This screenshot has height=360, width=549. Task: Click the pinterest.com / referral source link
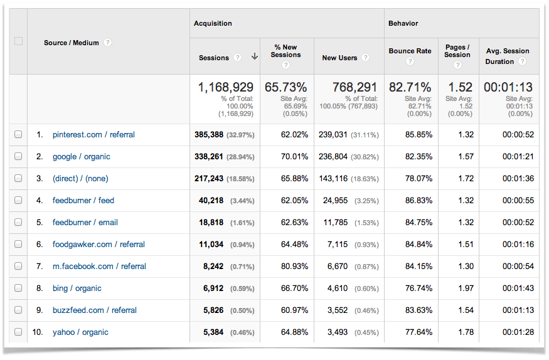(x=93, y=135)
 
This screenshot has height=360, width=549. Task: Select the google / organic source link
(x=81, y=157)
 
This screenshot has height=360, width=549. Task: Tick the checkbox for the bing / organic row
(x=18, y=289)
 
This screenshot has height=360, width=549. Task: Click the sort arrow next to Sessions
(x=254, y=57)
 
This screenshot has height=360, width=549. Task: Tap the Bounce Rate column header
(x=410, y=51)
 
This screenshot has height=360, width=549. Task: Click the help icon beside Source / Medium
(x=108, y=43)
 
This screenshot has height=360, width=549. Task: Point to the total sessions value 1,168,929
(x=225, y=87)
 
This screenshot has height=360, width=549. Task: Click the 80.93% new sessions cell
(x=291, y=267)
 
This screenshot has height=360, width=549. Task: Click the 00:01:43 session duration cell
(x=518, y=289)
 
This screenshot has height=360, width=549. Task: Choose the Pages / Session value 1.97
(x=466, y=289)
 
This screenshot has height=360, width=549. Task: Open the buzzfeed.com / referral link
(x=94, y=310)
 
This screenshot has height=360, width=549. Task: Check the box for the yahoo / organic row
(x=18, y=332)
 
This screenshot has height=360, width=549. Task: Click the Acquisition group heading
(x=213, y=23)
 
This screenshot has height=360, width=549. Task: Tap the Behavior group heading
(x=403, y=23)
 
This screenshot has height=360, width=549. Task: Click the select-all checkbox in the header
(x=18, y=41)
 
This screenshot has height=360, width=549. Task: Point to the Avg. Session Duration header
(x=507, y=56)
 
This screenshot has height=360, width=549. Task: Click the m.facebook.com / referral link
(x=99, y=267)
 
